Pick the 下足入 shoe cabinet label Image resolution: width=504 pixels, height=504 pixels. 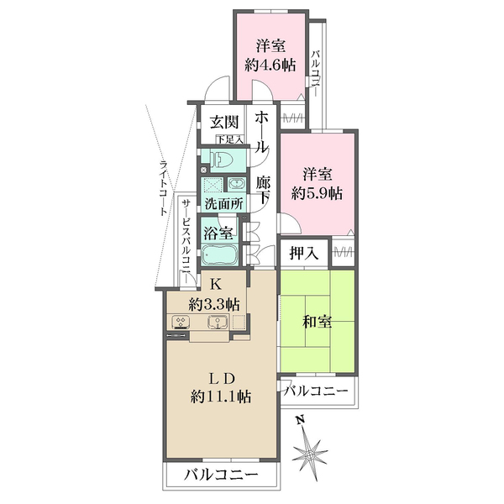228,139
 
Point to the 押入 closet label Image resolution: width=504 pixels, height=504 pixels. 303,252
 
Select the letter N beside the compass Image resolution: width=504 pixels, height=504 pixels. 300,419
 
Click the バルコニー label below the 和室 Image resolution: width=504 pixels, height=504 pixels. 316,390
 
